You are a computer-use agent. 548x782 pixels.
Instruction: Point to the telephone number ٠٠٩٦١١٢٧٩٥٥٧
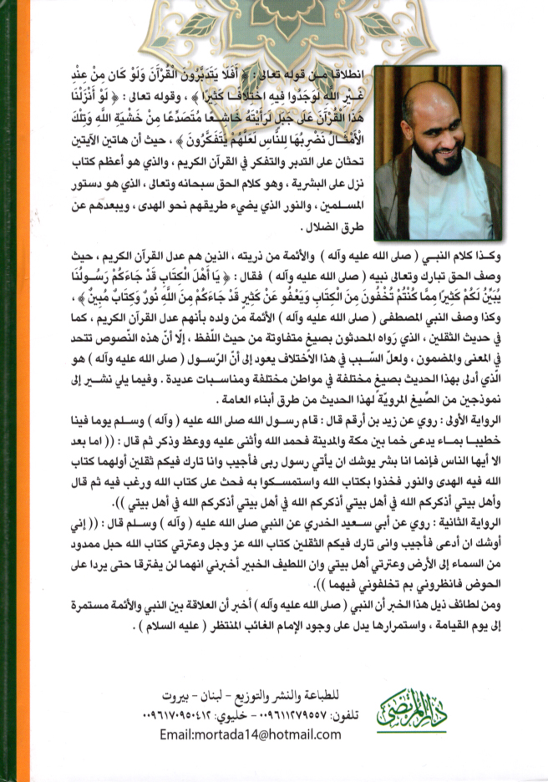click(271, 716)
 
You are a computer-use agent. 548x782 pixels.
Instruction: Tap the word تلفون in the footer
click(327, 716)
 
